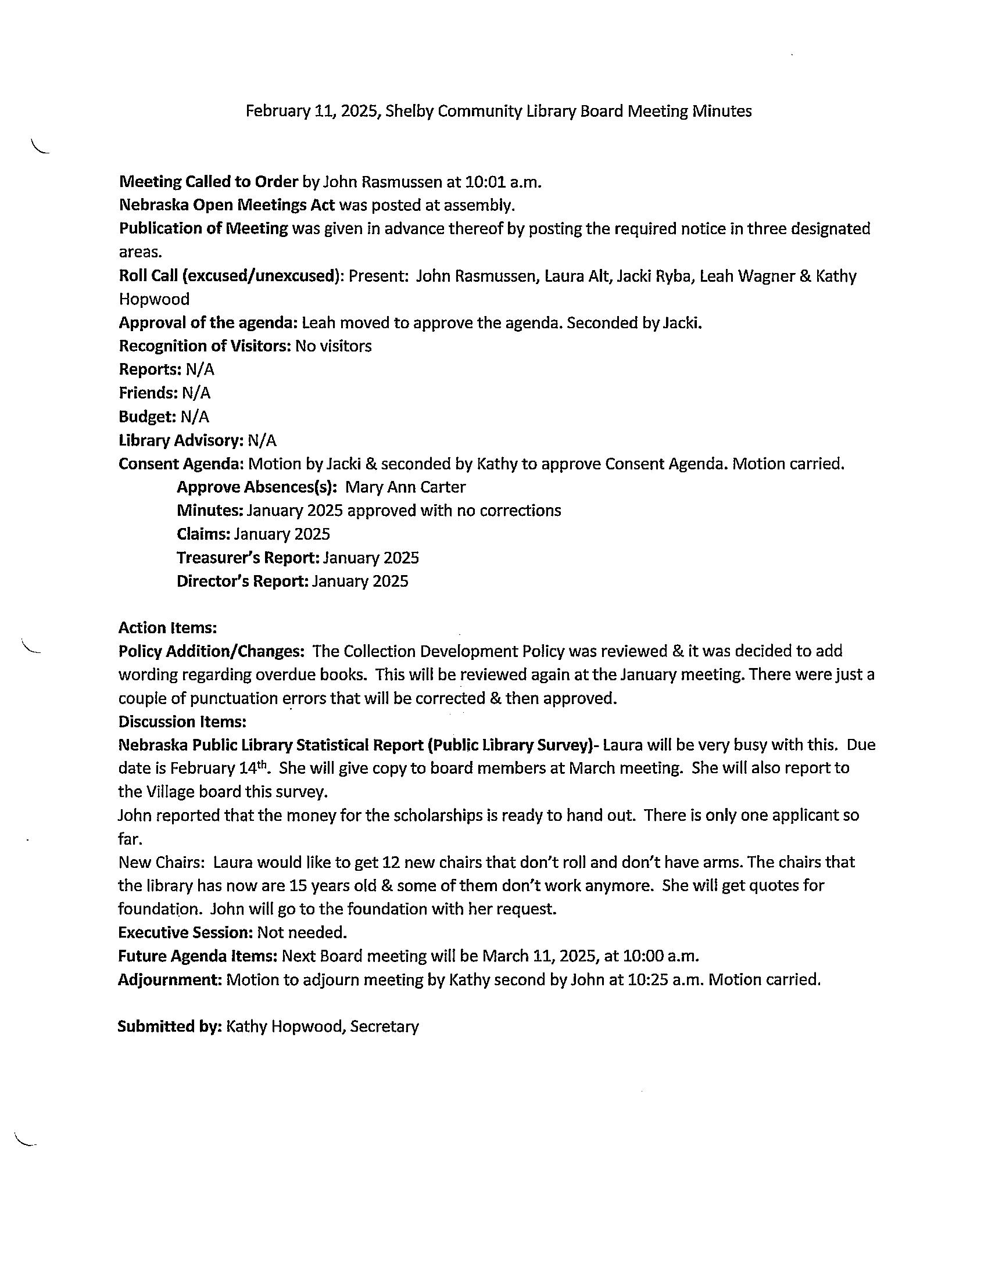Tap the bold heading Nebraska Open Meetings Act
click(227, 206)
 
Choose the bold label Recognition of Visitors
click(205, 346)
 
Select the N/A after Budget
click(195, 417)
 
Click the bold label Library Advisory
click(181, 440)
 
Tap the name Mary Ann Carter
click(406, 487)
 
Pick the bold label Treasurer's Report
click(248, 558)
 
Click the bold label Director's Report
click(242, 581)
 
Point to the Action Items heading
click(168, 628)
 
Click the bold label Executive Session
click(185, 932)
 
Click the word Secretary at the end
click(385, 1026)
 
